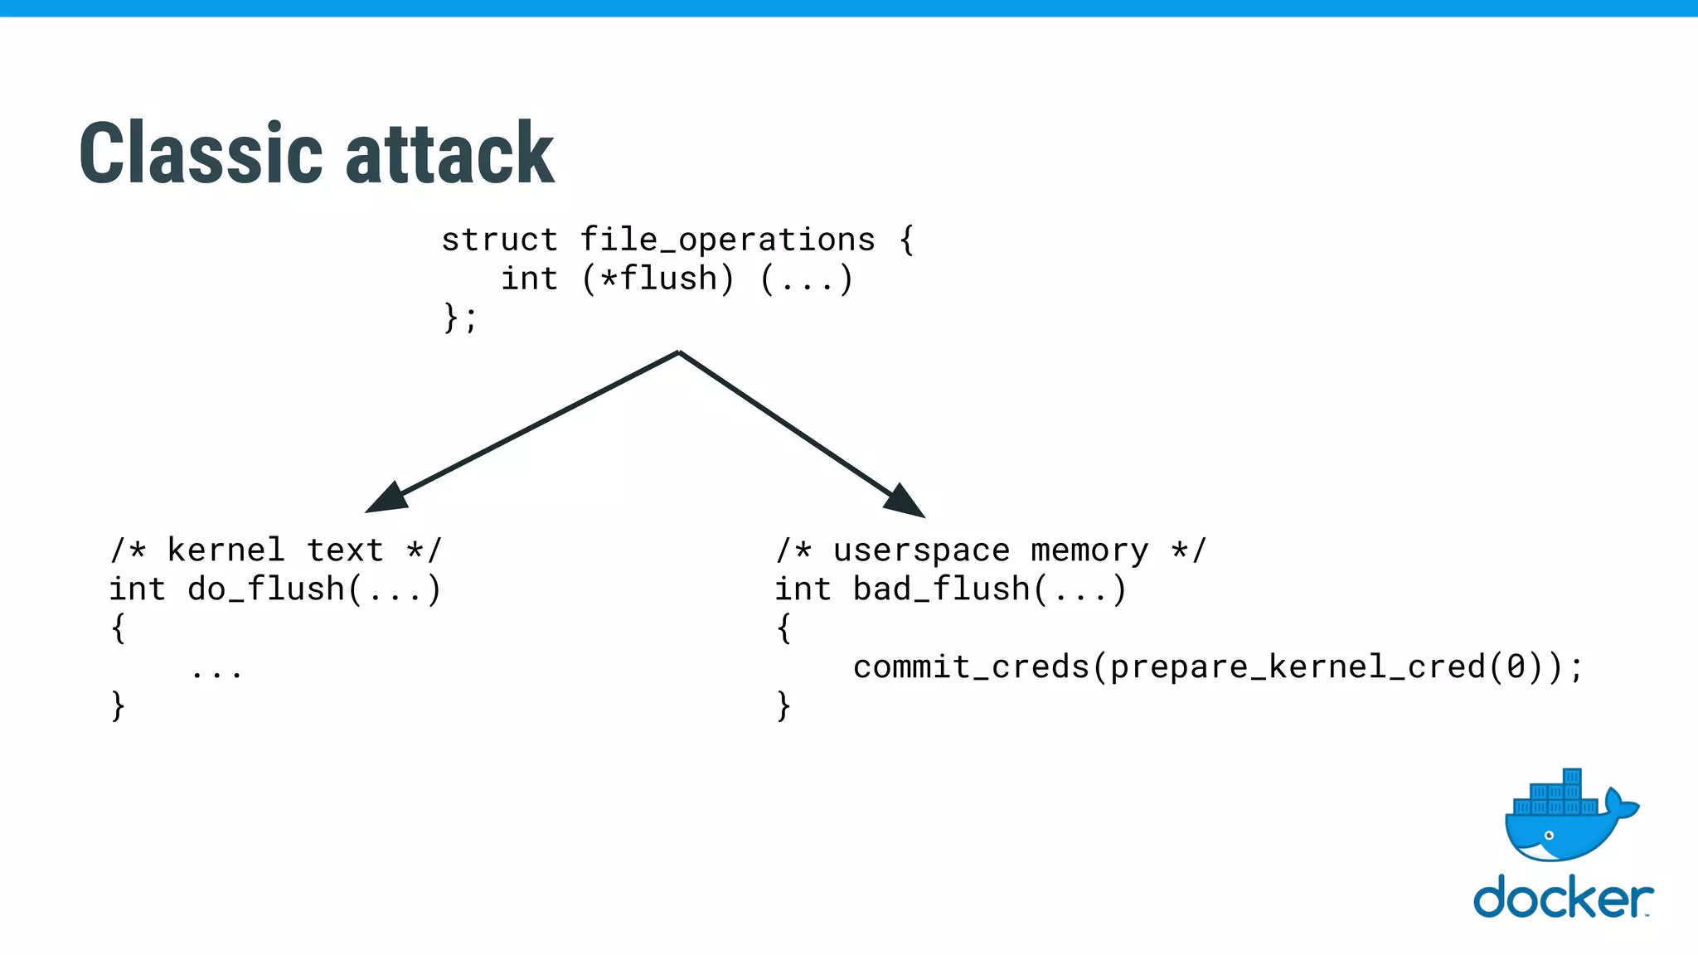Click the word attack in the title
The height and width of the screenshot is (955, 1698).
tap(449, 154)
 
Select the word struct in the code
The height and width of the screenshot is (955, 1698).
tap(499, 240)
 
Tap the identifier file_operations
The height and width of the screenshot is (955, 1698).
tap(727, 240)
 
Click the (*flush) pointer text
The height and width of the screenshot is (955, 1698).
tap(657, 279)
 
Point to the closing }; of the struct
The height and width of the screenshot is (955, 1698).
tap(460, 318)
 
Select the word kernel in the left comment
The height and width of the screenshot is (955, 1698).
tap(226, 550)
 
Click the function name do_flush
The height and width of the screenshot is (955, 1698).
tap(265, 589)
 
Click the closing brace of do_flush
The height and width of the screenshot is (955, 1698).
tap(118, 706)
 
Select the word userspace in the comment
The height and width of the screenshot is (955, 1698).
tap(921, 550)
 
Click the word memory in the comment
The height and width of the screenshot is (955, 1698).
tap(1089, 550)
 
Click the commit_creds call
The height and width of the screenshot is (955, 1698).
tap(971, 667)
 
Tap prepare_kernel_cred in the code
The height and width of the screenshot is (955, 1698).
tap(1298, 667)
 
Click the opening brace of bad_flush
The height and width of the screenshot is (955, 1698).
tap(784, 628)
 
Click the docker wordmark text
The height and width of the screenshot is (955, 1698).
tap(1562, 898)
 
